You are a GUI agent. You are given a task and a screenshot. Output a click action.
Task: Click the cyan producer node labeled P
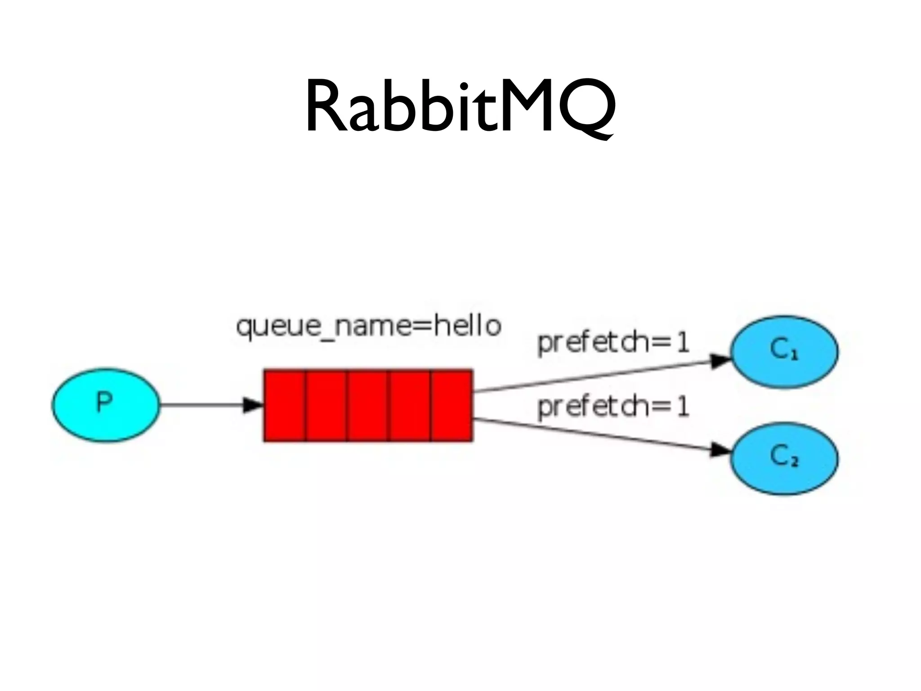106,405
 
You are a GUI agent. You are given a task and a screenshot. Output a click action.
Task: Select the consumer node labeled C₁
784,351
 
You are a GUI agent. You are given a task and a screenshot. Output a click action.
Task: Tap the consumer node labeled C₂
784,458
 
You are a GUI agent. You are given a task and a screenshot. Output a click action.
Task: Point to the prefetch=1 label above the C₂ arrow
613,408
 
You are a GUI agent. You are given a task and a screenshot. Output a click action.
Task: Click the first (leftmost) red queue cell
285,405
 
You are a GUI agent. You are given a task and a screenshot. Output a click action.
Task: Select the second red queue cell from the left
326,405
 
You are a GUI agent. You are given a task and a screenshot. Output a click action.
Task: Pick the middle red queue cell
368,405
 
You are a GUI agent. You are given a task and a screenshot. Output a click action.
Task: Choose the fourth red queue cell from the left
410,405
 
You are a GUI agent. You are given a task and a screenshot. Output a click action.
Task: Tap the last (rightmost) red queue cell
451,405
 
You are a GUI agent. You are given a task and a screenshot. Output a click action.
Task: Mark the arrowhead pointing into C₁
720,361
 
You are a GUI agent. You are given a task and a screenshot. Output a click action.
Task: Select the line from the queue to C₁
594,376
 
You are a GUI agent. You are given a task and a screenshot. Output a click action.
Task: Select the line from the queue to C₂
594,434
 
